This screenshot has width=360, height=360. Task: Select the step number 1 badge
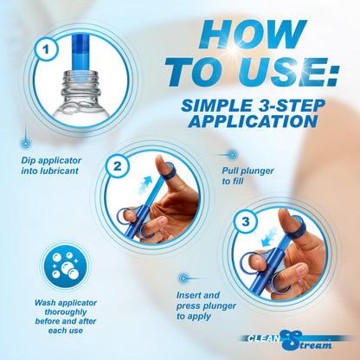[42, 51]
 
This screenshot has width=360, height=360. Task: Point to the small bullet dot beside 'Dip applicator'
[26, 141]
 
